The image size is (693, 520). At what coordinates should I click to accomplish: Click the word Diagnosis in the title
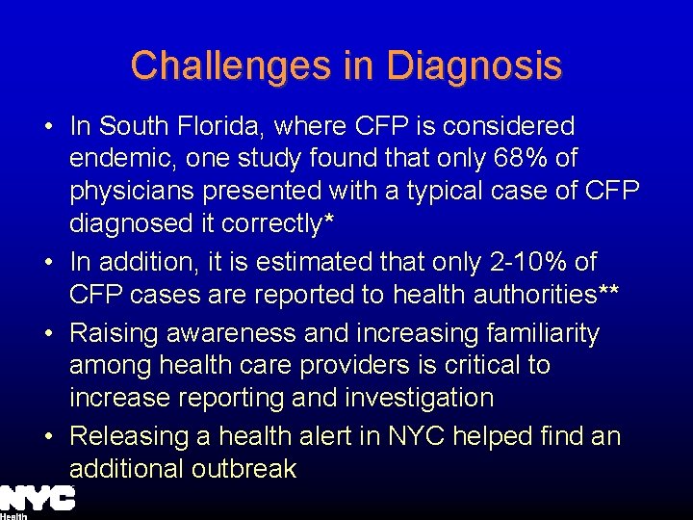[474, 65]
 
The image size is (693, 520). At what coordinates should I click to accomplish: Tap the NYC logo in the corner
[38, 499]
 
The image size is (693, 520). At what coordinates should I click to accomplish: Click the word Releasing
[128, 436]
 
